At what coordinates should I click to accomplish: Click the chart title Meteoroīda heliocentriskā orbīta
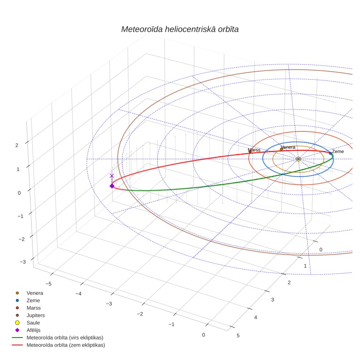pyautogui.click(x=180, y=30)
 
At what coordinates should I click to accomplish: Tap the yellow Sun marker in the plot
pyautogui.click(x=298, y=159)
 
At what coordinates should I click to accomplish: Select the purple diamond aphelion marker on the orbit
pyautogui.click(x=112, y=186)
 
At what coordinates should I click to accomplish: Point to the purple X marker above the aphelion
pyautogui.click(x=112, y=176)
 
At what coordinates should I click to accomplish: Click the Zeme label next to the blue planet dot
pyautogui.click(x=338, y=152)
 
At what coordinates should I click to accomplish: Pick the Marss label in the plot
pyautogui.click(x=254, y=150)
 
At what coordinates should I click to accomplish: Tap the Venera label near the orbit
pyautogui.click(x=288, y=147)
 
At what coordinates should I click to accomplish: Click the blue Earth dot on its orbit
pyautogui.click(x=330, y=153)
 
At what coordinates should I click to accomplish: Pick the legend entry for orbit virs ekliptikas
pyautogui.click(x=58, y=338)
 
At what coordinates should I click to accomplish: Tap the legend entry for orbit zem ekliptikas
pyautogui.click(x=59, y=345)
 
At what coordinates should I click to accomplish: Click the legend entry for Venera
pyautogui.click(x=29, y=293)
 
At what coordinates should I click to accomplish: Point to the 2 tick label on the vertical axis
pyautogui.click(x=17, y=145)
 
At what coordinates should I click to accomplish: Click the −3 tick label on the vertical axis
pyautogui.click(x=23, y=262)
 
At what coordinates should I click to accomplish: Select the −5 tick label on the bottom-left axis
pyautogui.click(x=49, y=284)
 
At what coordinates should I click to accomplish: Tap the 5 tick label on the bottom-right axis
pyautogui.click(x=238, y=336)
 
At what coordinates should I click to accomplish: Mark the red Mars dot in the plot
pyautogui.click(x=250, y=152)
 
